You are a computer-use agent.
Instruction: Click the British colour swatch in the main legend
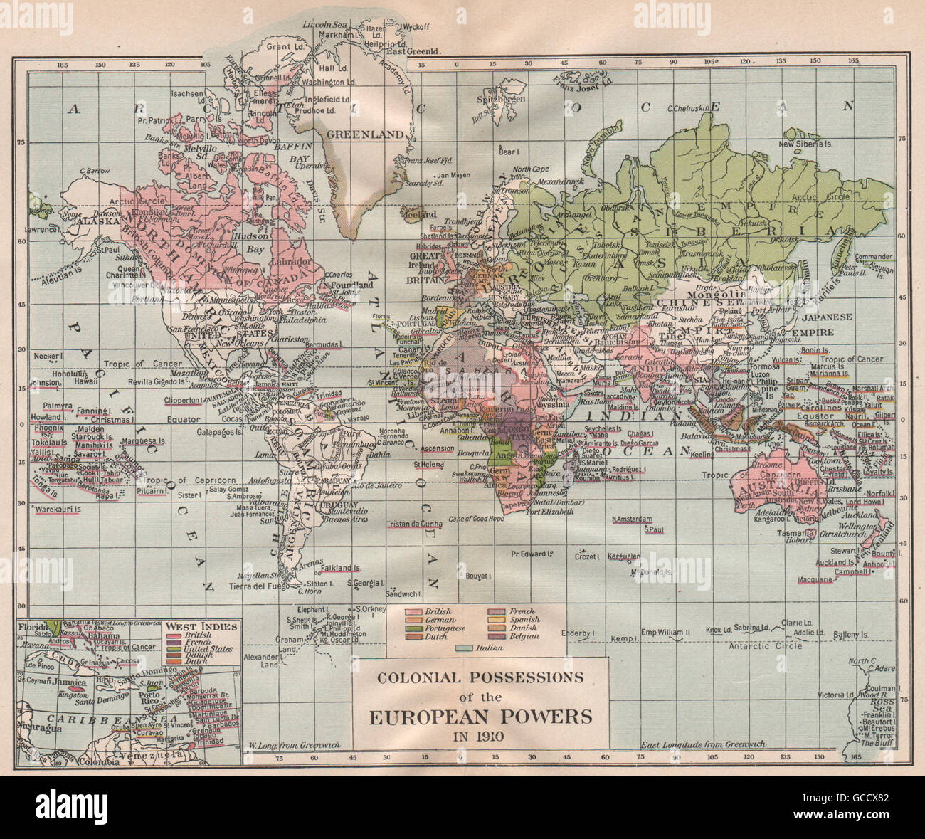pos(412,612)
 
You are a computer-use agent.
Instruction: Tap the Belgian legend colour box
pos(496,637)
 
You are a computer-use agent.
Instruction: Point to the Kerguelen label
pos(624,556)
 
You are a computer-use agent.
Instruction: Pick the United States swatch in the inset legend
pos(176,649)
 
